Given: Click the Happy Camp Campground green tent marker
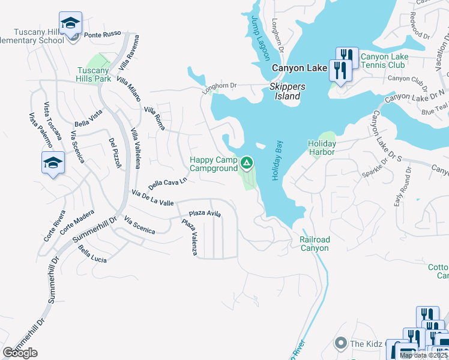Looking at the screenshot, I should pyautogui.click(x=246, y=163).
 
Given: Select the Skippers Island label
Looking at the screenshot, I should pyautogui.click(x=287, y=91).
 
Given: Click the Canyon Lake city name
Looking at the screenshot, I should pyautogui.click(x=298, y=68).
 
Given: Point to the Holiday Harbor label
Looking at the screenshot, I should pyautogui.click(x=322, y=148).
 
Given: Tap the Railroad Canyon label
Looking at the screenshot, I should pyautogui.click(x=315, y=244).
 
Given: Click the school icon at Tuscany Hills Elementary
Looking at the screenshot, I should pyautogui.click(x=71, y=24).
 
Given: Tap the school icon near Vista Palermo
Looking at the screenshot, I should pyautogui.click(x=53, y=162).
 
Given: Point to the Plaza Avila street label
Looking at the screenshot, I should pyautogui.click(x=205, y=214).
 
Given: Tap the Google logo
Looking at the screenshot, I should pyautogui.click(x=20, y=353).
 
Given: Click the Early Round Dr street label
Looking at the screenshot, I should pyautogui.click(x=402, y=187).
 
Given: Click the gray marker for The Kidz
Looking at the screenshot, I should pyautogui.click(x=341, y=343).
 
